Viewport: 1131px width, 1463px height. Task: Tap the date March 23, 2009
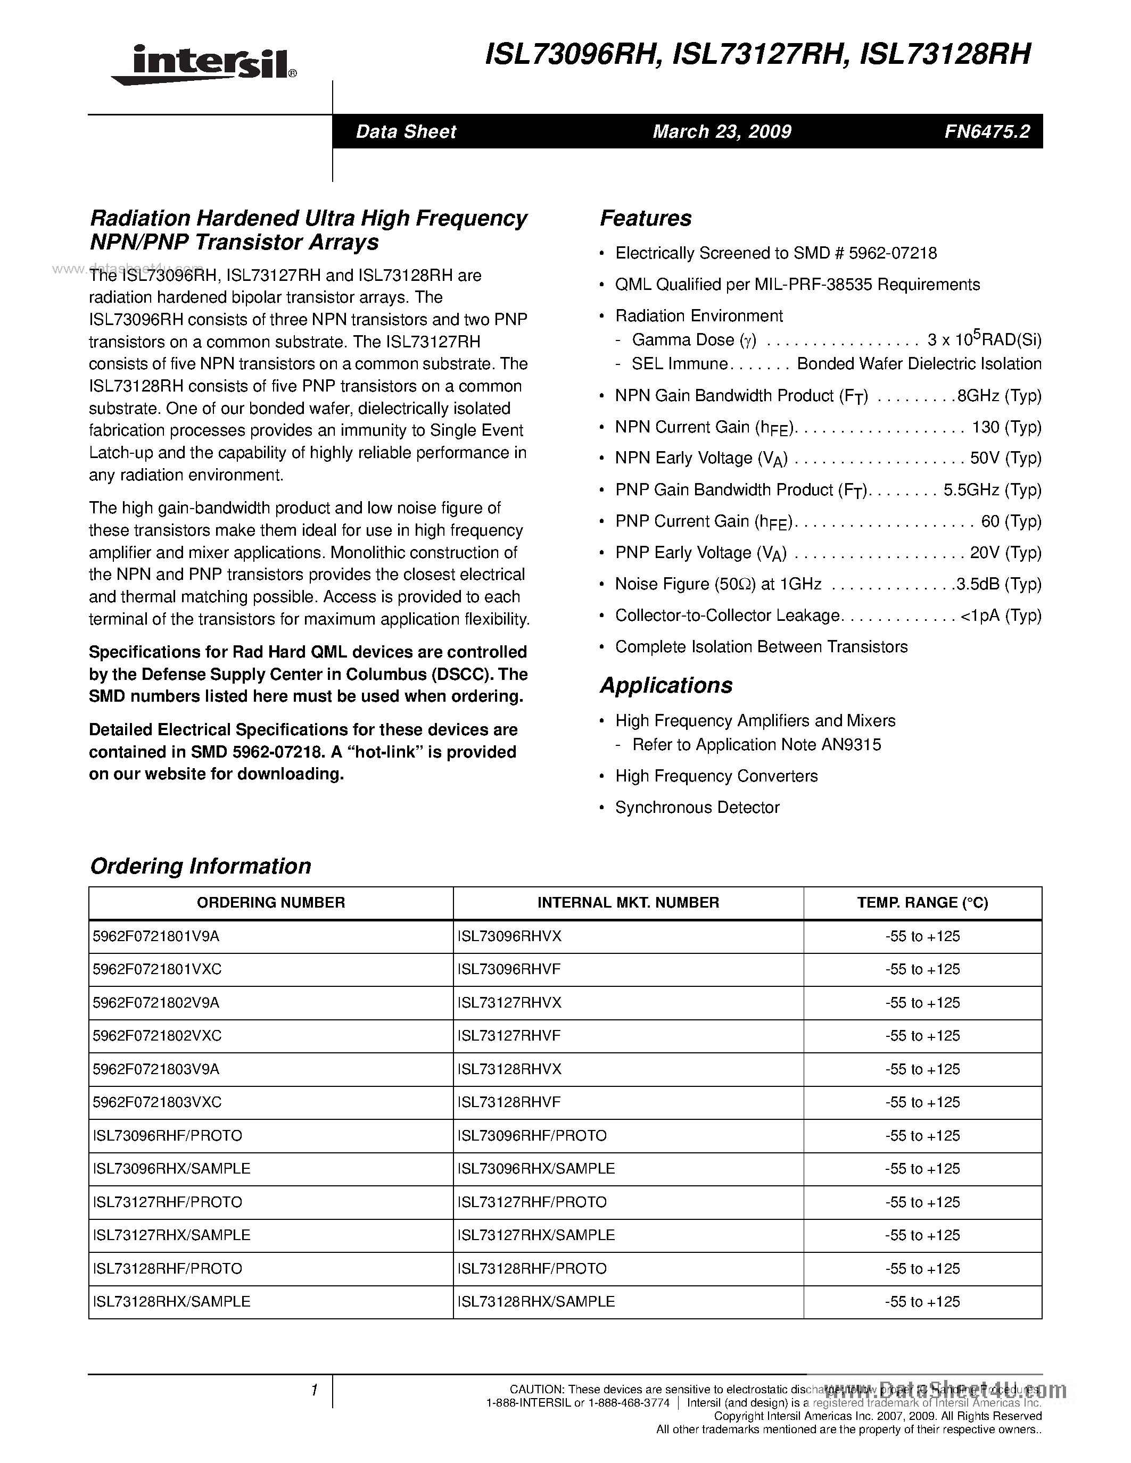(x=722, y=131)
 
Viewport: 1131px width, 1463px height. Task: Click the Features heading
(x=645, y=218)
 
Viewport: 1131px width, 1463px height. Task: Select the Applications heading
(x=666, y=685)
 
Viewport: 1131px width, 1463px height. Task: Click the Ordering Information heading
(x=200, y=866)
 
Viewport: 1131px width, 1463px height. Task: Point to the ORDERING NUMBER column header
(x=271, y=903)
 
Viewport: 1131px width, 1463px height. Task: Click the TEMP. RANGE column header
(x=922, y=903)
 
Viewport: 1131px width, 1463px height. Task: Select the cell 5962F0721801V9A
(x=156, y=936)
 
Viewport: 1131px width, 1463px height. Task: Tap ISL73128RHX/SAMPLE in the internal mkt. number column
(x=536, y=1302)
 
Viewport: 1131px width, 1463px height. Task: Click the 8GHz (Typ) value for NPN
(x=999, y=396)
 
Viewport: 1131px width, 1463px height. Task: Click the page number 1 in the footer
(x=313, y=1391)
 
